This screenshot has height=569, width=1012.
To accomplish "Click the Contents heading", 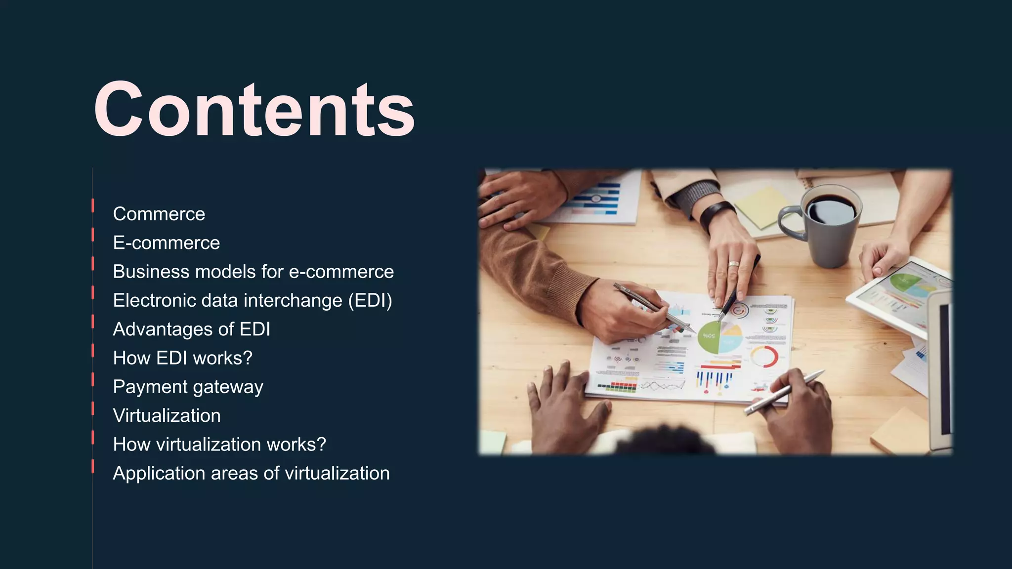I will [x=254, y=110].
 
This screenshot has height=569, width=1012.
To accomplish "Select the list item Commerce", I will [x=159, y=214].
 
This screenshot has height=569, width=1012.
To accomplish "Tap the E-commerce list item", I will [x=166, y=243].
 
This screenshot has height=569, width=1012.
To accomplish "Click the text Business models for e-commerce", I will [x=253, y=272].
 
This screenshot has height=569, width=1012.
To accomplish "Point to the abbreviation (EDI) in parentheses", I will [x=370, y=300].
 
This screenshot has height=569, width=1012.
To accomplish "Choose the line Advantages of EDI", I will [x=191, y=329].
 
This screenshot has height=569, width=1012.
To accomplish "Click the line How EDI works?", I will [x=182, y=358].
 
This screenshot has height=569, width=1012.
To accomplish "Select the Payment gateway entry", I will [x=188, y=387].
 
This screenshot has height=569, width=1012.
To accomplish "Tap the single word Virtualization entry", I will [x=167, y=415].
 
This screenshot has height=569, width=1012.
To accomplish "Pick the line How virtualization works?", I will [x=219, y=444].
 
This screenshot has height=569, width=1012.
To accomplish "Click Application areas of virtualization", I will [x=251, y=473].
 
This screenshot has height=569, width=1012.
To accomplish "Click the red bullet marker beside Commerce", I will [x=93, y=205].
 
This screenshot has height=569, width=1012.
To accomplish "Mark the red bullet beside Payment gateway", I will [x=93, y=379].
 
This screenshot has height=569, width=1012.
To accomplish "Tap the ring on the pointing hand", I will [x=734, y=264].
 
